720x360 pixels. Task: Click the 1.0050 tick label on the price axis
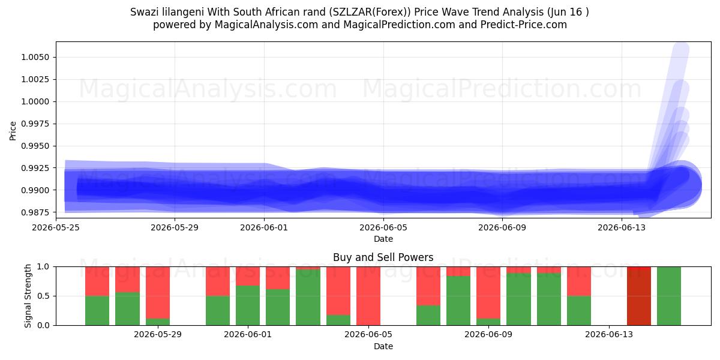tap(35, 57)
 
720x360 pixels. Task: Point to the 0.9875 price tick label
tap(35, 212)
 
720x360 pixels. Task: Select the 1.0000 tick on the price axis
tap(35, 101)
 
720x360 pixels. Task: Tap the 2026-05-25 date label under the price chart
tap(56, 227)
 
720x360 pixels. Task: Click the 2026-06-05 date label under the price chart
tap(383, 227)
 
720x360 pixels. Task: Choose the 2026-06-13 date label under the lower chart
tap(609, 334)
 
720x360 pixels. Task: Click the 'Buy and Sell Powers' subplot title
tap(383, 257)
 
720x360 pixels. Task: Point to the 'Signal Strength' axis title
tap(28, 296)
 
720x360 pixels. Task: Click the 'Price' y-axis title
tap(13, 131)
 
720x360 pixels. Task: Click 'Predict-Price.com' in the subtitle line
tap(524, 25)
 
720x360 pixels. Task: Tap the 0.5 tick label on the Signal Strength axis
tap(43, 296)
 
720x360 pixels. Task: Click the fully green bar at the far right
tap(668, 296)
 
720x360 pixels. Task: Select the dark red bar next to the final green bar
tap(638, 296)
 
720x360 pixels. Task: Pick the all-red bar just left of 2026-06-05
tap(368, 296)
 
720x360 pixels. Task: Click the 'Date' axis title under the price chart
tap(383, 239)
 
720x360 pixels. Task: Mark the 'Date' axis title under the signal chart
tap(383, 346)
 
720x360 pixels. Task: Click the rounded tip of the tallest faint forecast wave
tap(681, 48)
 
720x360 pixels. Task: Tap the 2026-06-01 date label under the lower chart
tap(248, 334)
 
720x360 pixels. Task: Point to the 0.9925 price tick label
tap(35, 168)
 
